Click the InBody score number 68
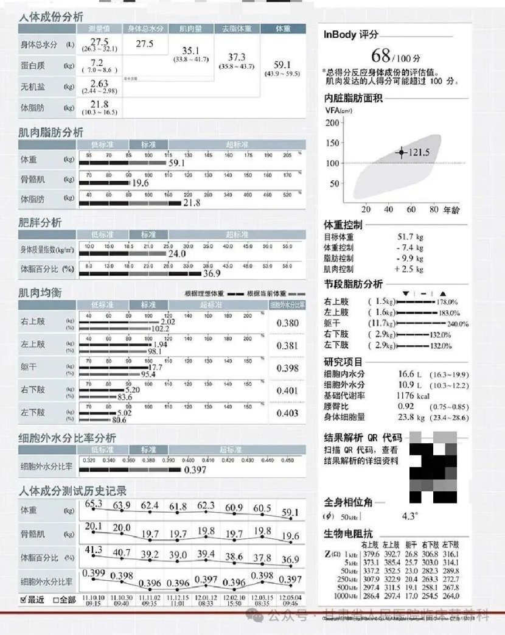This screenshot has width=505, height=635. click(x=380, y=57)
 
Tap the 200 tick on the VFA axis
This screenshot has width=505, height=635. click(x=332, y=123)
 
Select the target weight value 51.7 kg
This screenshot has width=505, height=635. click(x=411, y=237)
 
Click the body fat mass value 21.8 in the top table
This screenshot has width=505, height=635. click(x=100, y=105)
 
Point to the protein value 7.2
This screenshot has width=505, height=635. click(x=97, y=63)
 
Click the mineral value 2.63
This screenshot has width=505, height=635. click(x=99, y=83)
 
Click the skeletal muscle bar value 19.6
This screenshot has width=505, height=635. click(x=141, y=183)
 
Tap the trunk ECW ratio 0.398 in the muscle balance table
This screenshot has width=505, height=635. click(x=287, y=368)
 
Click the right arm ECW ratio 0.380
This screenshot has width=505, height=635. click(x=287, y=323)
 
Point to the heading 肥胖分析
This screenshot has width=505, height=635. click(x=40, y=223)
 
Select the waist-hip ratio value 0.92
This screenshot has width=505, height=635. click(x=406, y=406)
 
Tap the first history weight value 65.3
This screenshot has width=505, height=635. click(x=94, y=504)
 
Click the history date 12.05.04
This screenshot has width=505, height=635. click(x=291, y=597)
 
